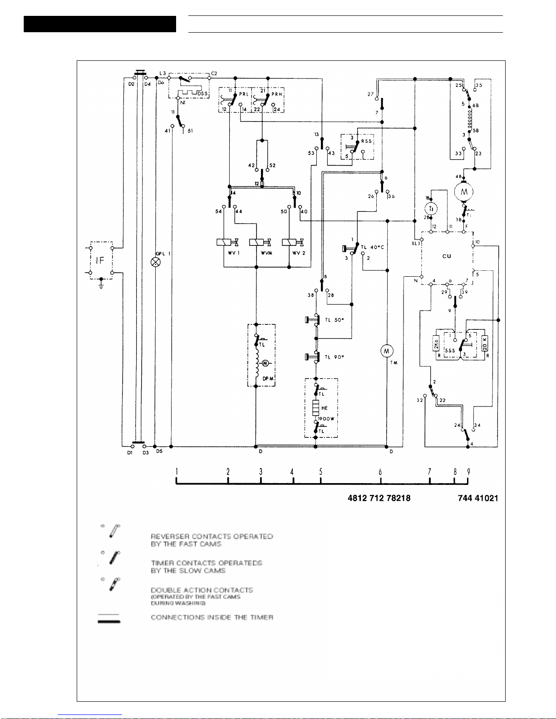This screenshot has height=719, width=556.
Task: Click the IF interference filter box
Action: [x=101, y=260]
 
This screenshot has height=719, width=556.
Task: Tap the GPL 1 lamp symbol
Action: [x=156, y=262]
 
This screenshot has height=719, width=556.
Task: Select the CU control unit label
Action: [x=447, y=256]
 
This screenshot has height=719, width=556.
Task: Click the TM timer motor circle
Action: [x=387, y=351]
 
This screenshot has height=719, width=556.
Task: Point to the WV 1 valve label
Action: [x=233, y=253]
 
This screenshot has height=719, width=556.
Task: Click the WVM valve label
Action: [x=266, y=253]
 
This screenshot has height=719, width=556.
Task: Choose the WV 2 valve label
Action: [x=299, y=253]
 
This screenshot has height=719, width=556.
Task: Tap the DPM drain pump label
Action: [x=268, y=379]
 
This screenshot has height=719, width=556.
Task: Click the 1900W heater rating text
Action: [x=326, y=419]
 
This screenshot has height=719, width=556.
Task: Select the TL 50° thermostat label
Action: [x=334, y=320]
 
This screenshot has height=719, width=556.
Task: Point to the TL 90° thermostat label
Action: [x=334, y=357]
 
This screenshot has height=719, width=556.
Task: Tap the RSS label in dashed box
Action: [x=366, y=141]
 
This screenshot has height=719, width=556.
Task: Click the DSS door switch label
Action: [x=202, y=94]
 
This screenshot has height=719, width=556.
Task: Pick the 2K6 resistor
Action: [x=436, y=343]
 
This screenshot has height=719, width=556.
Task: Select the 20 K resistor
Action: [x=485, y=343]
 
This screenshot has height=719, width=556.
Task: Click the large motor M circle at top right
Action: [x=464, y=192]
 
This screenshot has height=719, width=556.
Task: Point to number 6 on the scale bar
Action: [x=380, y=472]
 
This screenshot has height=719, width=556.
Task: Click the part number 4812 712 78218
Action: [x=379, y=498]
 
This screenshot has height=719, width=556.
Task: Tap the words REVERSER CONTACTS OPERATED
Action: [x=212, y=537]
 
